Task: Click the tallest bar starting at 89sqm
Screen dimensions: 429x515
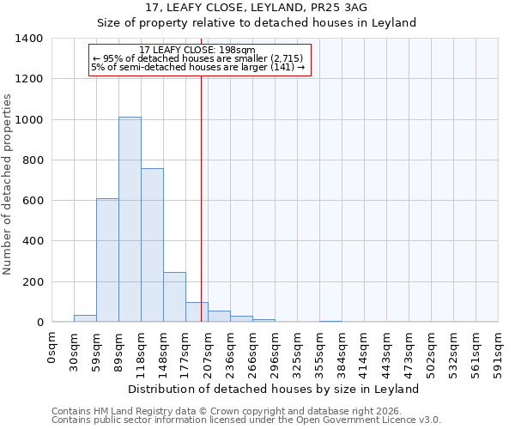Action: click(x=130, y=220)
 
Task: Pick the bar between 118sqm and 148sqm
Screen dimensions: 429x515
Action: click(x=152, y=245)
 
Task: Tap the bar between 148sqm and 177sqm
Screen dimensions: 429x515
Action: click(x=174, y=297)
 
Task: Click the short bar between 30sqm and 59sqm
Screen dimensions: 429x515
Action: click(x=85, y=318)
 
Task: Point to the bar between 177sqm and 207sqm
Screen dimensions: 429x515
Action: click(x=197, y=312)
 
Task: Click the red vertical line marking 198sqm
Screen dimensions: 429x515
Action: click(x=201, y=189)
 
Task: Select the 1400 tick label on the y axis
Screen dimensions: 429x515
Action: click(x=29, y=39)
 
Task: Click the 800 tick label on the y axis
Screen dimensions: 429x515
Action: click(x=33, y=160)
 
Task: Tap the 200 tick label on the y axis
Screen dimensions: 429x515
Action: click(x=33, y=281)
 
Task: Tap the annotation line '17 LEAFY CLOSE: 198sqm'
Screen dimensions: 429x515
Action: click(x=197, y=51)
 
